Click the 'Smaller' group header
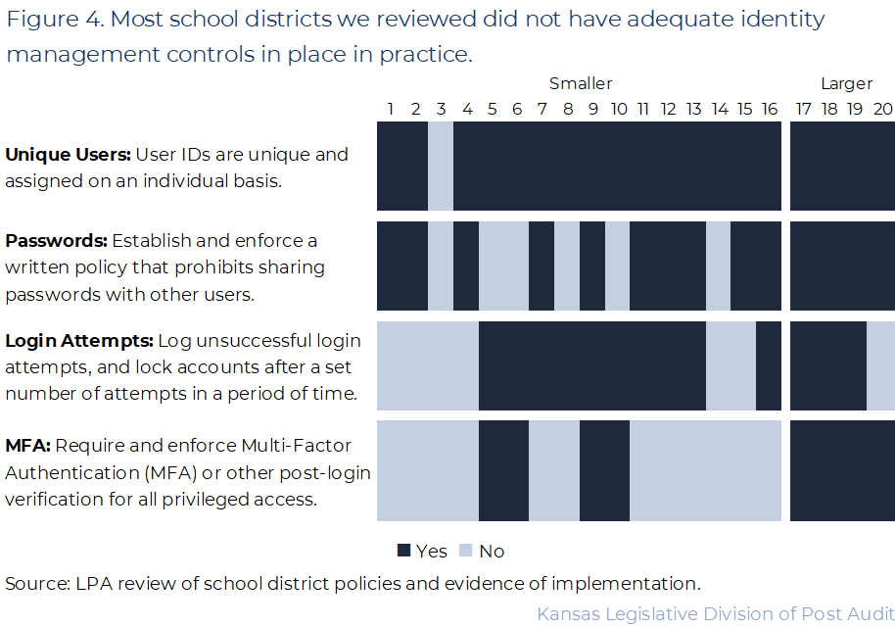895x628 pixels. coord(580,83)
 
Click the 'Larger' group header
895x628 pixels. coord(846,83)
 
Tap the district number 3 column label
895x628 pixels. coord(441,109)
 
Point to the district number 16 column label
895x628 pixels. coord(770,109)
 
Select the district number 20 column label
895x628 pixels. coord(882,109)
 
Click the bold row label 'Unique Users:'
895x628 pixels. coord(68,155)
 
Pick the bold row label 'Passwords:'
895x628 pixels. coord(56,241)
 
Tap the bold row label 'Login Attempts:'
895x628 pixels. coord(79,341)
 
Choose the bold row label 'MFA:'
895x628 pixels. coord(27,447)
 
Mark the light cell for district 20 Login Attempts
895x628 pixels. coord(881,365)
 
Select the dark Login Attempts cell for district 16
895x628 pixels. coord(769,365)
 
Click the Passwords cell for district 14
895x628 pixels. coord(719,266)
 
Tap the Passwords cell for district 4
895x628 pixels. coord(466,266)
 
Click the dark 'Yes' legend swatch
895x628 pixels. coord(403,551)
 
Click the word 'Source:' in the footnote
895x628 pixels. coord(37,584)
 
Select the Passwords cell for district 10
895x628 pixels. coord(617,266)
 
